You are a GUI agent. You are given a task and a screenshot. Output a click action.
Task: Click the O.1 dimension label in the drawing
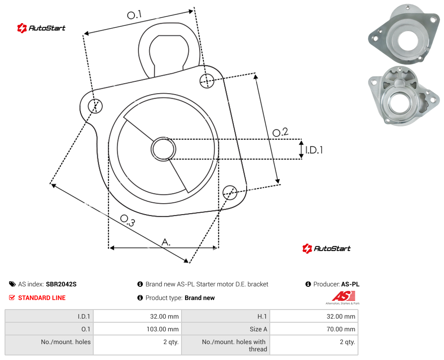(x=134, y=15)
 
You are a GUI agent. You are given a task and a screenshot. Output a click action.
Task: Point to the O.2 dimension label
(x=280, y=132)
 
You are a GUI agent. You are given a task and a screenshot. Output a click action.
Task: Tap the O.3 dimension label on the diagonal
(x=127, y=220)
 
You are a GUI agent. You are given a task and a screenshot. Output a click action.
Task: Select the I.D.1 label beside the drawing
(x=314, y=150)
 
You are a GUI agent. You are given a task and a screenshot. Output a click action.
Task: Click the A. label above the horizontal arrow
(x=166, y=242)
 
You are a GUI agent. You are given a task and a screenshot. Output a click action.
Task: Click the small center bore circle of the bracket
(x=163, y=149)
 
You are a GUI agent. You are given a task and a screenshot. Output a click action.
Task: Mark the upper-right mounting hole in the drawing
(x=207, y=80)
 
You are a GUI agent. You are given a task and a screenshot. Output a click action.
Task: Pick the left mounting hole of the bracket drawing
(x=95, y=106)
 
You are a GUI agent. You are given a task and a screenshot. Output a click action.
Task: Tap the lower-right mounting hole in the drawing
(x=230, y=192)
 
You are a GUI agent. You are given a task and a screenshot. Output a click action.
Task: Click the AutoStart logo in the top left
(x=41, y=28)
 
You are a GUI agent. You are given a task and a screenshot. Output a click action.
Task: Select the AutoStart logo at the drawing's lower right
(x=327, y=249)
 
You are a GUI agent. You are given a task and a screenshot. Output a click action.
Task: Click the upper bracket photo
(x=404, y=34)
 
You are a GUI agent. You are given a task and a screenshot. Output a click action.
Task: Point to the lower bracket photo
(x=404, y=95)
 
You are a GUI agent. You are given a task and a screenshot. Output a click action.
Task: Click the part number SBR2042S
(x=61, y=284)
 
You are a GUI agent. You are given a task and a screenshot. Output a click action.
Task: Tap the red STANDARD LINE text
(x=42, y=298)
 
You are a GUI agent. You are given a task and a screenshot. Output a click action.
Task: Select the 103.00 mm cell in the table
(x=162, y=329)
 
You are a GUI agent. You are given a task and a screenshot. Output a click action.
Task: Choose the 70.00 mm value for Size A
(x=341, y=329)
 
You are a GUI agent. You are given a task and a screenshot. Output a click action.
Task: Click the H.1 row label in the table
(x=262, y=316)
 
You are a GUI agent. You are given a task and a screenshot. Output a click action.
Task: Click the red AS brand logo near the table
(x=343, y=297)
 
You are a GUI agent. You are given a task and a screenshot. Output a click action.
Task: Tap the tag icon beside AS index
(x=12, y=284)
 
